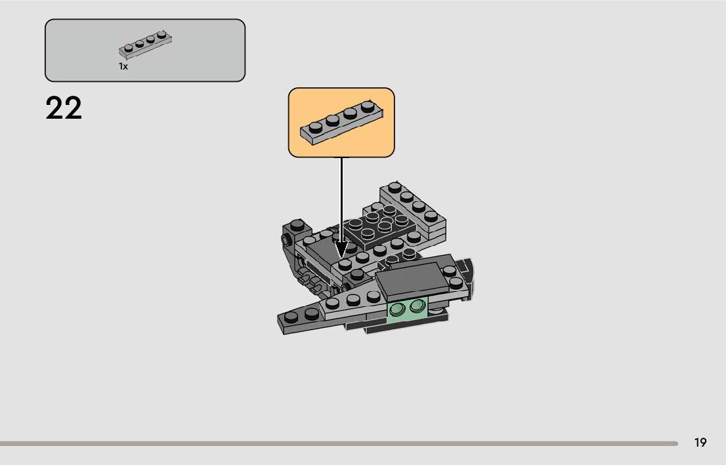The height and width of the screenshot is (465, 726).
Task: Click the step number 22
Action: (x=64, y=108)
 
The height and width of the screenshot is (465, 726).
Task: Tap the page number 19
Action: (x=700, y=443)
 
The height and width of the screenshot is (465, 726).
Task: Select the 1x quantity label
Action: (x=123, y=66)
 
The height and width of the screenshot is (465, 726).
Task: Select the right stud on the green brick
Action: (x=416, y=306)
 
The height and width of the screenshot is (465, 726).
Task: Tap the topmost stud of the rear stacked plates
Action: (x=394, y=187)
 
